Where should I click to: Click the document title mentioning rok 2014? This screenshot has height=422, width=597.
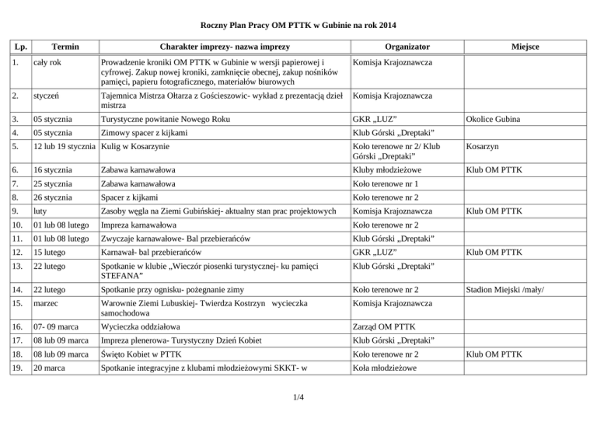[x=298, y=26]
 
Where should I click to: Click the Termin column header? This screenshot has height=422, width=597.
[x=55, y=47]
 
